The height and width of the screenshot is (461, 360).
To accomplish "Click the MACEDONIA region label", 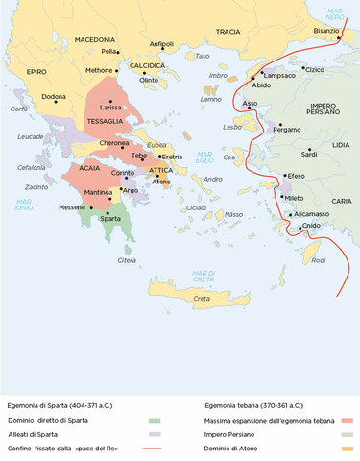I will tap(95, 39).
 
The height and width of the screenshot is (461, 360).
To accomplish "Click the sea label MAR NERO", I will tap(333, 13).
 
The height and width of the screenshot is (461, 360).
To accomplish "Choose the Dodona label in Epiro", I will tap(54, 96).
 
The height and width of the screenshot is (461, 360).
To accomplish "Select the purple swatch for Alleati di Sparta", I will tap(154, 434).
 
